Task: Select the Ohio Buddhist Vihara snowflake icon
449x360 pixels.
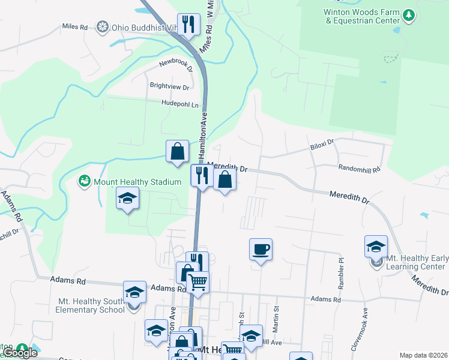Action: coord(103,28)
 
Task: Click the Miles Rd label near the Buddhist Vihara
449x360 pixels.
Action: coord(75,28)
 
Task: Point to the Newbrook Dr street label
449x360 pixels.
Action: coord(176,65)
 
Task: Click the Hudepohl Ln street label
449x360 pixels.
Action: coord(179,104)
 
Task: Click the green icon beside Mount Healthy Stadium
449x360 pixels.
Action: coord(84,181)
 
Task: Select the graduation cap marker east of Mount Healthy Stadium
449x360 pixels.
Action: coord(127,198)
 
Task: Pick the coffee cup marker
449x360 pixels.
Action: coord(261,249)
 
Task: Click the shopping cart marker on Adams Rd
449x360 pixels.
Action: coord(198,281)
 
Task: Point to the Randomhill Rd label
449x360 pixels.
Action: coord(359,170)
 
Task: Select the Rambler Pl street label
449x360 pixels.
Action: coord(341,266)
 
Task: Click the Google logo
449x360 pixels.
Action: coord(20,353)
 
